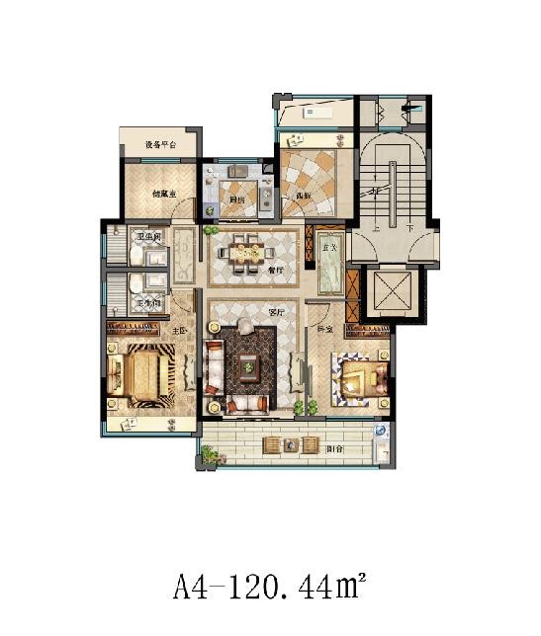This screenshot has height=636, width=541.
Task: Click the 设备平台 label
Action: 160,146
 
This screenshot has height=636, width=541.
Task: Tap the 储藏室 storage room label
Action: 163,196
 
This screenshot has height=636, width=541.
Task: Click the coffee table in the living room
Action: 246,367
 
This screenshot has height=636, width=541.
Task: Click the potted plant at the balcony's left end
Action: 209,454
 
